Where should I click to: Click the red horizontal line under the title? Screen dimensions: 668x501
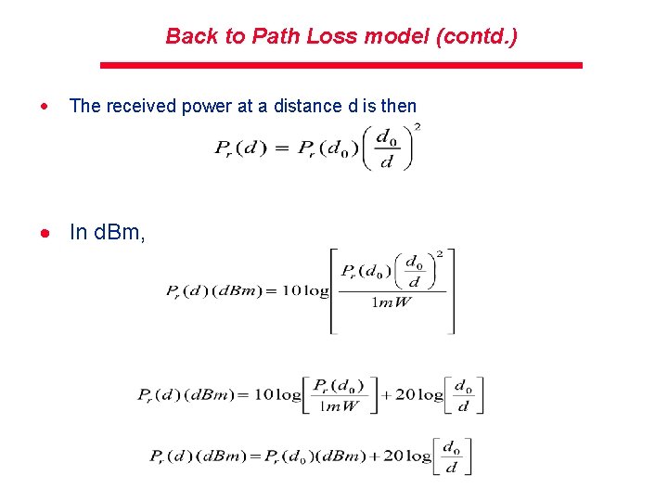tap(340, 66)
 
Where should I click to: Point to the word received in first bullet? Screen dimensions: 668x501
tap(143, 106)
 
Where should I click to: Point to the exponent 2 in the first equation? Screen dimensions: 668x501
tap(417, 126)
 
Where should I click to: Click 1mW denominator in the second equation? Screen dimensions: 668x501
tap(392, 302)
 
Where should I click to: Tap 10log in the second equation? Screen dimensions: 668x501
tap(304, 290)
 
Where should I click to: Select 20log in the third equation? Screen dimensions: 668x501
tap(419, 394)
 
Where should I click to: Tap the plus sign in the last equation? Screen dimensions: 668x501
tap(378, 456)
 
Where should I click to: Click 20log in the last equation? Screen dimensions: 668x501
tap(408, 456)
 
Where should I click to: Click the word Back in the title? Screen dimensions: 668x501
tap(189, 37)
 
